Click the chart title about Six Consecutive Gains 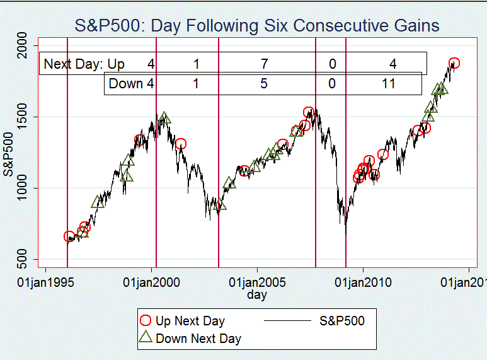click(x=257, y=26)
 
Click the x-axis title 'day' click(x=257, y=294)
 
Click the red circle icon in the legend click(x=146, y=321)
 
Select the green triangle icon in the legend click(x=146, y=337)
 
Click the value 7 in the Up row click(x=263, y=64)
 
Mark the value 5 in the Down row click(x=263, y=83)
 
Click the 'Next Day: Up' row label click(x=84, y=64)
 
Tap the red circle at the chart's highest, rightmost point click(x=454, y=63)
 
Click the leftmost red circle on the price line click(x=69, y=236)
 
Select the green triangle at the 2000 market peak click(x=164, y=118)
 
